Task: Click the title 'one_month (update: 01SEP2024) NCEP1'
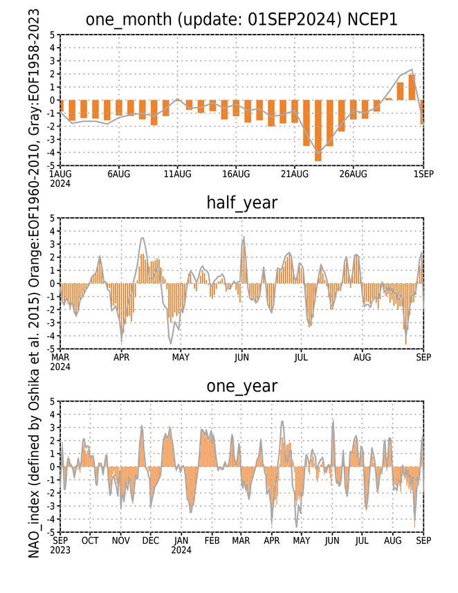coord(241,19)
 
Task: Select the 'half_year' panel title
coord(241,203)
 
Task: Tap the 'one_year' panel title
coord(241,386)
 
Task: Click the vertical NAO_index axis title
coord(34,284)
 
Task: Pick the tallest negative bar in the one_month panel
coord(318,131)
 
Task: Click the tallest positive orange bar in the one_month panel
coord(412,87)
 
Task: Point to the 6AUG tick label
coord(119,174)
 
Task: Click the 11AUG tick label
coord(177,174)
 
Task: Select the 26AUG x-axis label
coord(354,174)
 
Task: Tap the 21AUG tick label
coord(295,174)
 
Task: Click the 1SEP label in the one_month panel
coord(423,174)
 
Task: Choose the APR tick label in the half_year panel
coord(121,357)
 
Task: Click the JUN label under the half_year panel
coord(241,357)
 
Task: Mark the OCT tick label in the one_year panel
coord(90,540)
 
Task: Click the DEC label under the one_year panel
coord(151,540)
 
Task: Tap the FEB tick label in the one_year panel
coord(212,540)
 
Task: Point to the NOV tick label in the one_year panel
coord(120,540)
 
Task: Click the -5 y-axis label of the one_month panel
coord(53,165)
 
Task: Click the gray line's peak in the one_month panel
coord(412,69)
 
